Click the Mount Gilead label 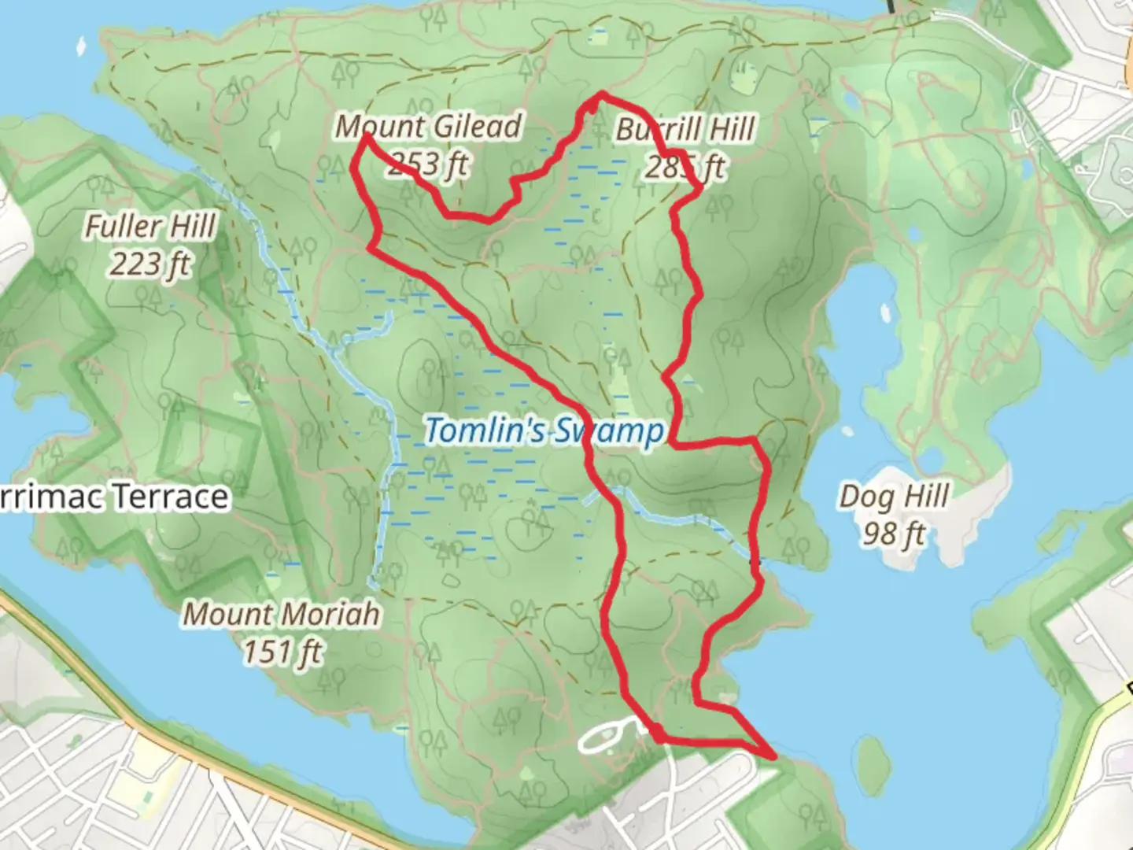tap(429, 127)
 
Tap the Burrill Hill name tap(685, 129)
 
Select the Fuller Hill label tap(149, 227)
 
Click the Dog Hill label tap(894, 497)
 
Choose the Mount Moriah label tap(281, 614)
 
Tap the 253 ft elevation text tap(429, 164)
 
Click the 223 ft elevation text tap(149, 264)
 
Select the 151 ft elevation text tap(282, 652)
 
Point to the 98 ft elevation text tap(894, 534)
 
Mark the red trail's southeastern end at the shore tap(775, 757)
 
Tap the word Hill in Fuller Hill tap(191, 227)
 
